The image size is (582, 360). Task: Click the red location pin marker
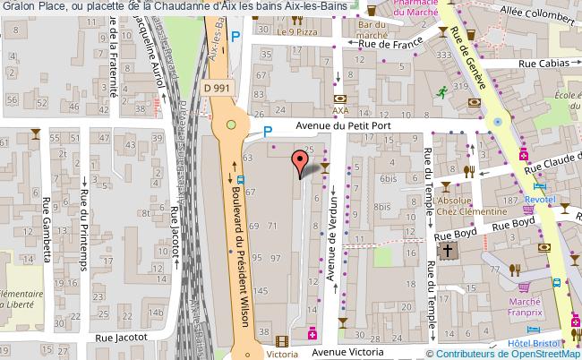(x=299, y=162)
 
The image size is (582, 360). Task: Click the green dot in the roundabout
(x=232, y=124)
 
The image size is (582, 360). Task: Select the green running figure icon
(x=441, y=90)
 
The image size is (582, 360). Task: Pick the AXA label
(x=340, y=111)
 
